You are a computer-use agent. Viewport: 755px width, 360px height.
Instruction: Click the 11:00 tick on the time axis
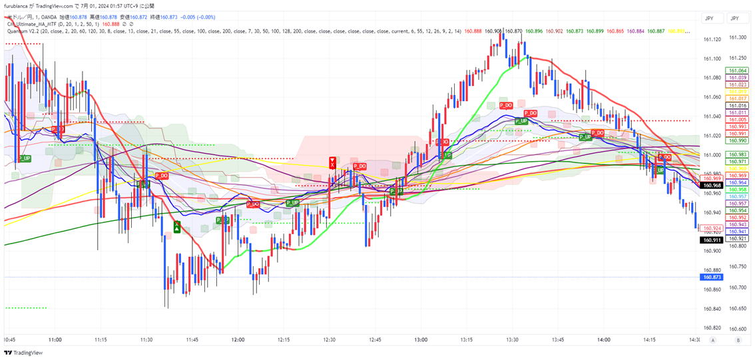(55, 339)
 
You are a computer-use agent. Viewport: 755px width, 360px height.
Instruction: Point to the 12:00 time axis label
(238, 339)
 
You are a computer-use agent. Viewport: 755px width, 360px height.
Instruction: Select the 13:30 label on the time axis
(512, 339)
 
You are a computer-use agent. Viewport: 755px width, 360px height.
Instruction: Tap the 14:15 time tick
(649, 339)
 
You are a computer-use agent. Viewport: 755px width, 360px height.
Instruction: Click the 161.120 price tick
(712, 39)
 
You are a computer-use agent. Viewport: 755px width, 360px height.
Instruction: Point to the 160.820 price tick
(712, 328)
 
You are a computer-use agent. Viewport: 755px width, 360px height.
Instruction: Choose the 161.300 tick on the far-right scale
(738, 37)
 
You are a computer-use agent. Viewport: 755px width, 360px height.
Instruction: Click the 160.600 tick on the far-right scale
(738, 328)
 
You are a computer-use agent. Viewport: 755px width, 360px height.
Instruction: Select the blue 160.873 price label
(712, 277)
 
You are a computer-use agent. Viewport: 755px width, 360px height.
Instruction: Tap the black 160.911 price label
(712, 240)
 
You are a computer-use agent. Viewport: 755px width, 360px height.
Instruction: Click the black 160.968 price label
(712, 185)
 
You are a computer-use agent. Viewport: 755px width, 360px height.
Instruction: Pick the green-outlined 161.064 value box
(738, 71)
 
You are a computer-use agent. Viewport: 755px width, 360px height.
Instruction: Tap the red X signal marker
(332, 162)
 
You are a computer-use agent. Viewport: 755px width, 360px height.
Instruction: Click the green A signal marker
(176, 227)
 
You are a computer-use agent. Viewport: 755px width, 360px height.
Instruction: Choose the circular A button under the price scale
(712, 339)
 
